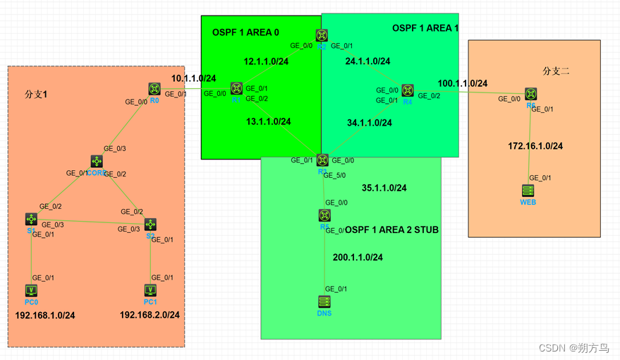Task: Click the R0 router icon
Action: click(x=154, y=89)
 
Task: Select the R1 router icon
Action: click(x=236, y=89)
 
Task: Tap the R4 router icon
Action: click(x=408, y=90)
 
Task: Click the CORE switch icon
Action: click(x=97, y=162)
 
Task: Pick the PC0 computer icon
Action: click(x=31, y=290)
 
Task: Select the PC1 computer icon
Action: click(x=150, y=290)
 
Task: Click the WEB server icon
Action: click(x=528, y=191)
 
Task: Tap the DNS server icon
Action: click(x=324, y=301)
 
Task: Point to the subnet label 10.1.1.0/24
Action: click(x=193, y=78)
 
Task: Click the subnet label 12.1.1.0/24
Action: click(x=266, y=61)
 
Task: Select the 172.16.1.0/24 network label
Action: click(x=535, y=146)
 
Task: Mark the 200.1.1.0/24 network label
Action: click(x=358, y=258)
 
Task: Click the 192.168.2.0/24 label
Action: click(x=150, y=315)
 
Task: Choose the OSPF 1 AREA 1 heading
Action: click(x=425, y=28)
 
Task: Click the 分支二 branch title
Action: click(x=556, y=71)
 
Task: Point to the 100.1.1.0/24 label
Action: click(x=462, y=83)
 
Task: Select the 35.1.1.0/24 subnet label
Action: click(x=384, y=188)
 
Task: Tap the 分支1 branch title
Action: click(x=36, y=94)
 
